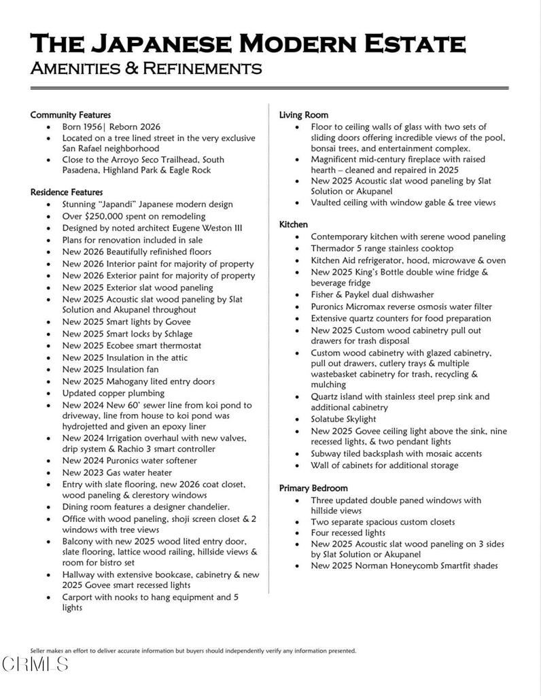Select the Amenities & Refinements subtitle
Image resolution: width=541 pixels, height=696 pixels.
pos(146,69)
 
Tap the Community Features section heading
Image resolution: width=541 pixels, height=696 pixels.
pos(71,115)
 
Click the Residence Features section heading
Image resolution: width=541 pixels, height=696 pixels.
pos(67,192)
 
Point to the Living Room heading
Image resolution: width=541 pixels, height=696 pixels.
pos(304,115)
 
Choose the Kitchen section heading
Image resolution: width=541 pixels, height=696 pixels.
pos(294,224)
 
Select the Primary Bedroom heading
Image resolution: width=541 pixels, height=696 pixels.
pos(313,488)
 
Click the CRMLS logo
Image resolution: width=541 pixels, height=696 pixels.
pos(35,664)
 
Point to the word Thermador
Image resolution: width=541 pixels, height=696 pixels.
pos(334,249)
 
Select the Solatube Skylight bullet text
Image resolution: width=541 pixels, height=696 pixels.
pos(343,419)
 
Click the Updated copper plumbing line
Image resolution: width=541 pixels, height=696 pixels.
pos(114,393)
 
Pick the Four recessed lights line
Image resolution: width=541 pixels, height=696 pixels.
pos(348,533)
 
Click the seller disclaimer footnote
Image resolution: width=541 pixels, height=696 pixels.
pos(193,650)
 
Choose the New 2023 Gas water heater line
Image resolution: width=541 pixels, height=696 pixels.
pos(117,472)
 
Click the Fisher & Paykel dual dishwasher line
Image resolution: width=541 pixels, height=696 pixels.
pos(372,294)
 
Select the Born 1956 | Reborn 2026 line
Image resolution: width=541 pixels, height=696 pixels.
pos(111,126)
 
